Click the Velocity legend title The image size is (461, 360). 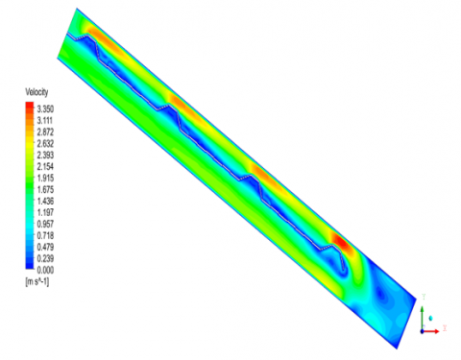(36, 92)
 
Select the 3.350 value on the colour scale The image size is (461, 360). (45, 109)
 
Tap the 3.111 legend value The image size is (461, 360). (45, 121)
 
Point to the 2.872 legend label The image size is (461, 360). (45, 132)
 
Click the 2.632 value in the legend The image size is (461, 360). (45, 144)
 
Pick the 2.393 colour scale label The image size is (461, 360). (45, 156)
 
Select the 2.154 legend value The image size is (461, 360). (45, 167)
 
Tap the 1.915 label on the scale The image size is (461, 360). (45, 179)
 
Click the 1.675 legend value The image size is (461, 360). (45, 190)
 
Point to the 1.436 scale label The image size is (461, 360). (45, 202)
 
